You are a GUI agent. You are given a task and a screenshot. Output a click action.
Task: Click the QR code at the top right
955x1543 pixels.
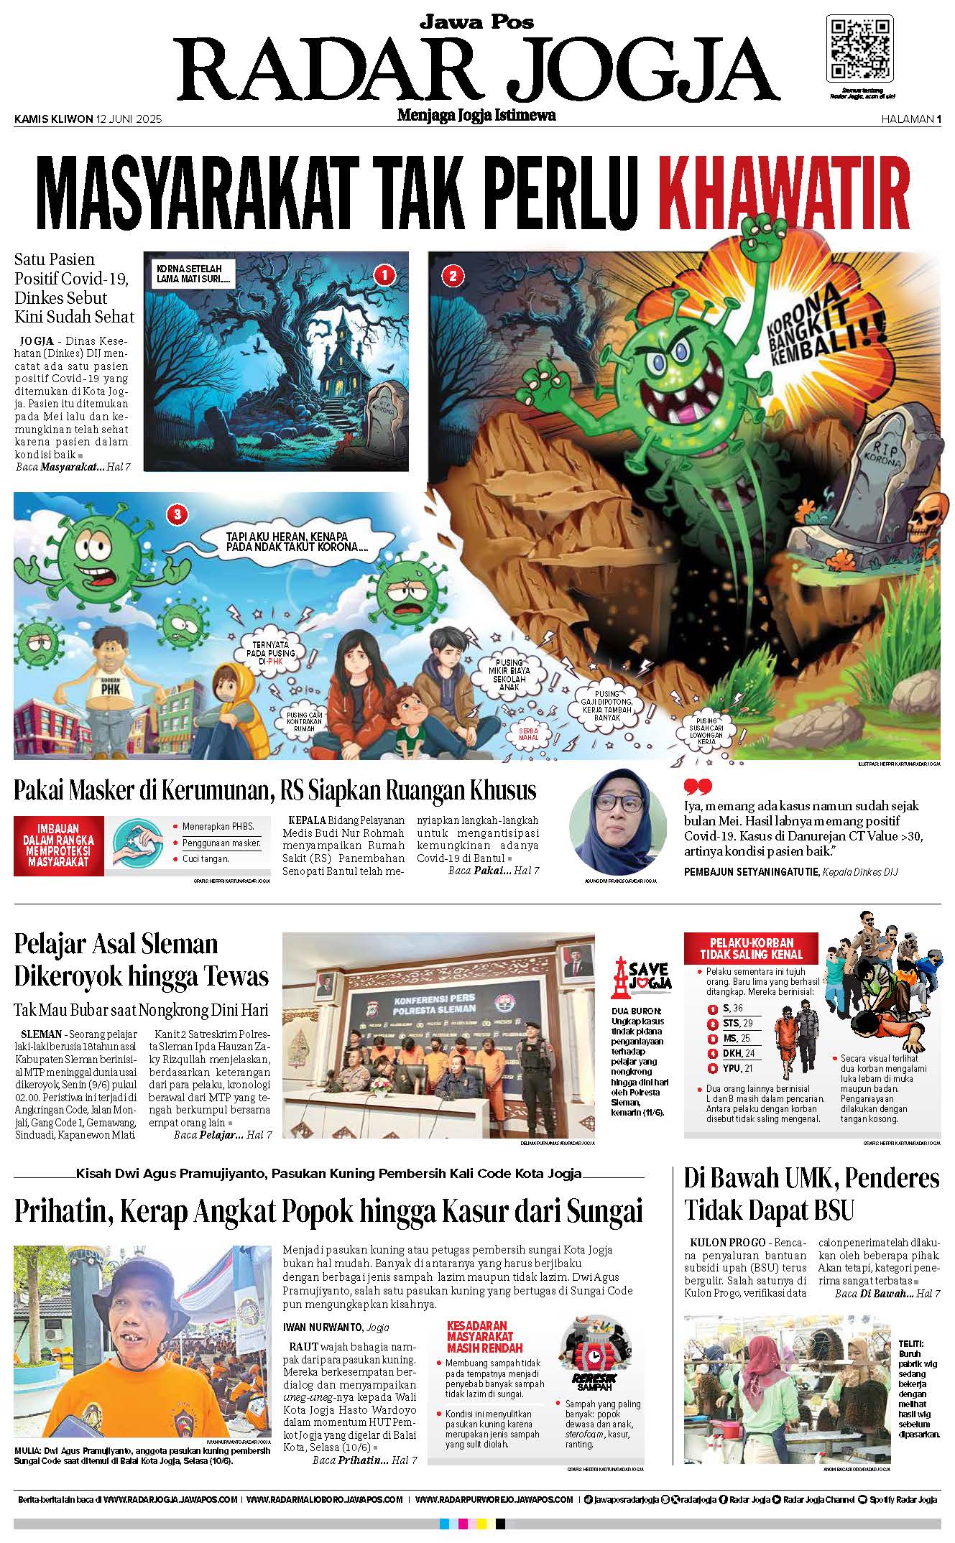pyautogui.click(x=861, y=48)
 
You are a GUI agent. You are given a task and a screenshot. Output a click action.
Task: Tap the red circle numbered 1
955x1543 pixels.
pyautogui.click(x=384, y=274)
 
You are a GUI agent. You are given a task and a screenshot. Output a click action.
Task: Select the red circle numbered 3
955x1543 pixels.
pyautogui.click(x=177, y=514)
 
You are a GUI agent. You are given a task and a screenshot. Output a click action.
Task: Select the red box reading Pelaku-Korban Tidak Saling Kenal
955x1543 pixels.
pyautogui.click(x=751, y=948)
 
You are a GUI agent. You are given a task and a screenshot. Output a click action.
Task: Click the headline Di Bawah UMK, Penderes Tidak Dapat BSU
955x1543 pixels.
pyautogui.click(x=811, y=1194)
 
